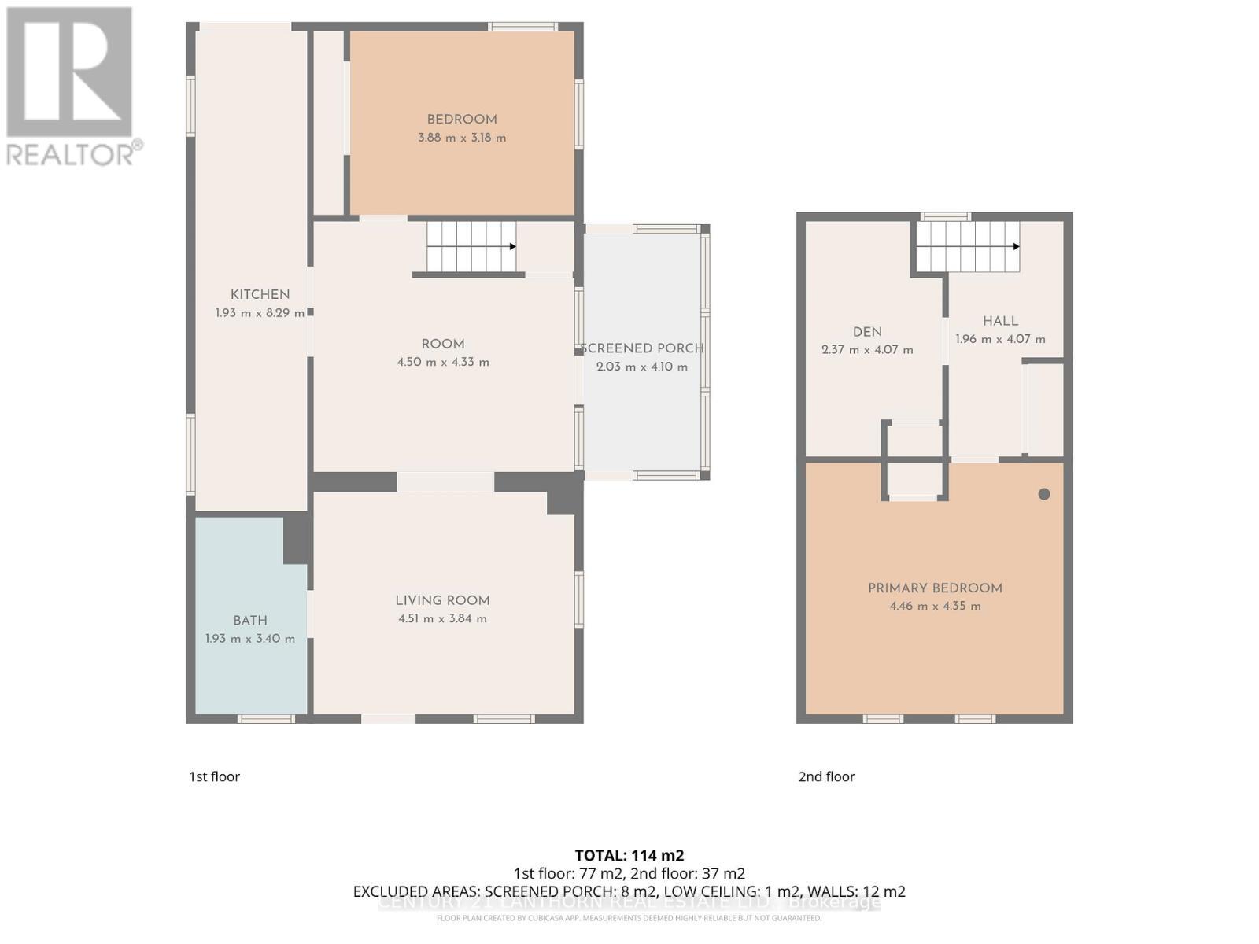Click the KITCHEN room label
coord(260,294)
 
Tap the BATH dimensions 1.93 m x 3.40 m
coord(250,639)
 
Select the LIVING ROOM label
coord(442,600)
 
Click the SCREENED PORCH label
coord(641,348)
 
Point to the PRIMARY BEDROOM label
coord(935,588)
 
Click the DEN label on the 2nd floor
coord(867,332)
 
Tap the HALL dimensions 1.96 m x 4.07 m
coord(1000,340)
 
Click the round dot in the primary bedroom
coord(1044,494)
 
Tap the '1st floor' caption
coord(214,776)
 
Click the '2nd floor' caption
coord(826,776)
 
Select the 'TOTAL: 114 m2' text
coord(629,855)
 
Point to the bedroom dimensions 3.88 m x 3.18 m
coord(462,138)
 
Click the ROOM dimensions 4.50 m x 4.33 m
coord(443,363)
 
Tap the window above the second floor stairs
coord(946,216)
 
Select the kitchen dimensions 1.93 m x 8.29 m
coord(260,313)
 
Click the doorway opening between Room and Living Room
coord(445,481)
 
